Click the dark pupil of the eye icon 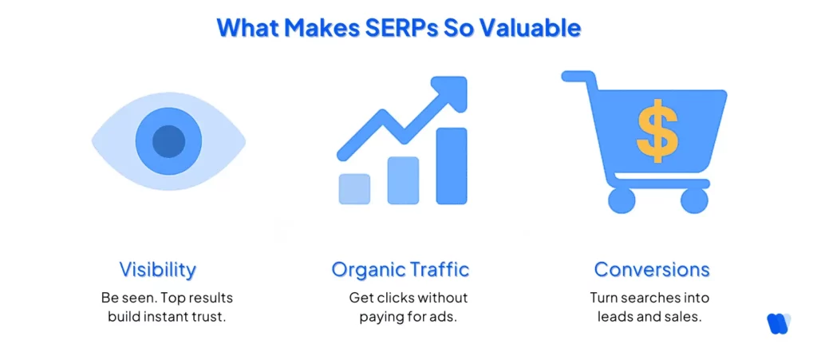[x=168, y=141]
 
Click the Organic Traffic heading [x=401, y=269]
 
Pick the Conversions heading [x=652, y=269]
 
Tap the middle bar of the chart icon [x=403, y=180]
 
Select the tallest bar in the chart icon [x=452, y=165]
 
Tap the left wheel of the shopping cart [x=622, y=200]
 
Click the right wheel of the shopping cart [x=694, y=200]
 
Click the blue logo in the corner [x=778, y=322]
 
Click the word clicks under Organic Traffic [x=394, y=298]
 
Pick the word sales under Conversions [x=682, y=316]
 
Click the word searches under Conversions [x=653, y=298]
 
